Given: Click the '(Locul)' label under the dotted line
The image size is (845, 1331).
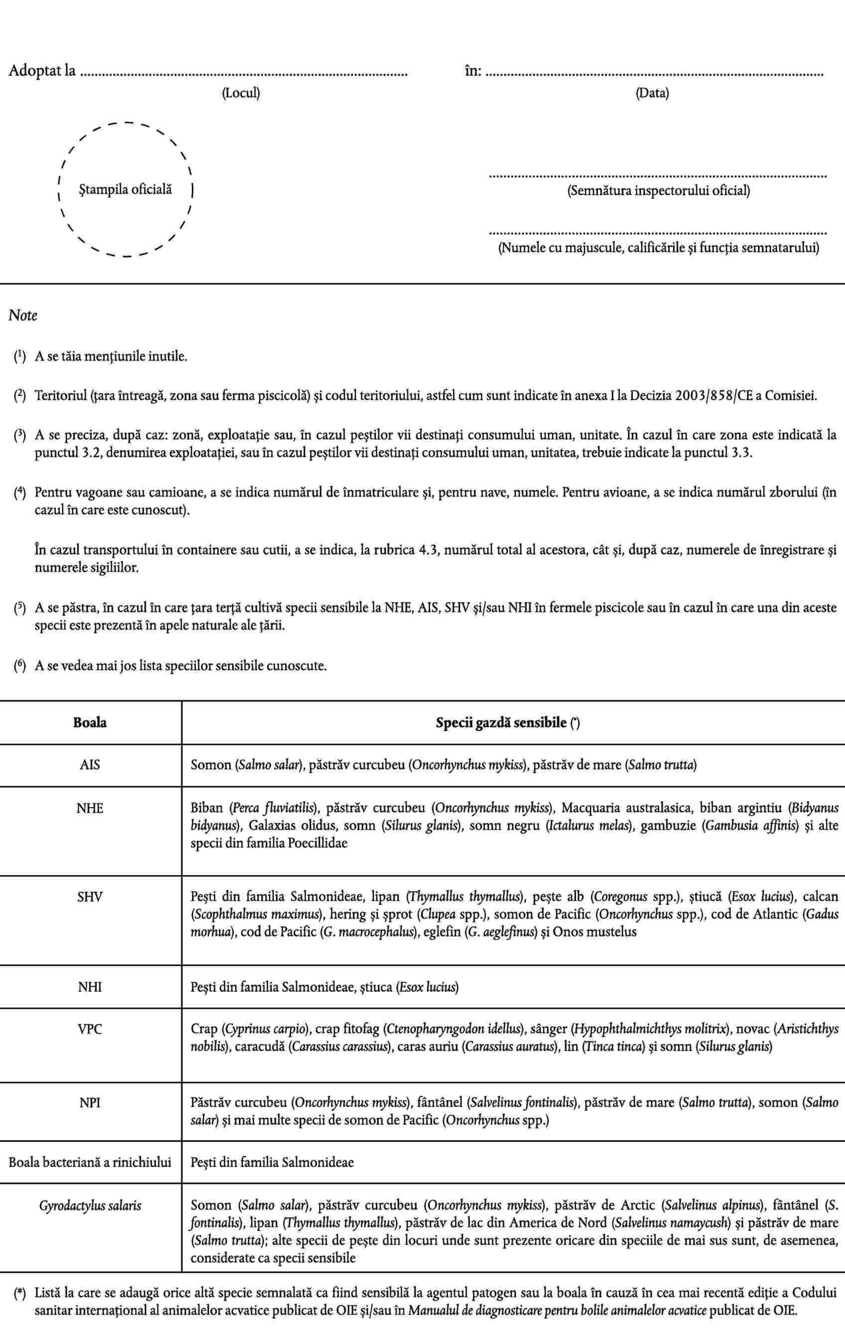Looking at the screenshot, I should [241, 93].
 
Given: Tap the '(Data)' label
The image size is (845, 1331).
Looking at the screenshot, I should [652, 93].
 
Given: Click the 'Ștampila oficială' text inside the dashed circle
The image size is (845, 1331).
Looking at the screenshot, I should [125, 190].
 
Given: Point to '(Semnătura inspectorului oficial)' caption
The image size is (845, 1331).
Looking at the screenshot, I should [659, 191].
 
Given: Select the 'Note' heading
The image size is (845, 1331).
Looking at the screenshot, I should [23, 316].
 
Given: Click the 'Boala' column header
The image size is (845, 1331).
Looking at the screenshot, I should [90, 723].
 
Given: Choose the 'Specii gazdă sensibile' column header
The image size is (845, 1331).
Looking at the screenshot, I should [501, 723].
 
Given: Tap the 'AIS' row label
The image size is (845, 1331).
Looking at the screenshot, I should [90, 765].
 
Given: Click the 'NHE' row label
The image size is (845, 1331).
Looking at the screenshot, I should [90, 808].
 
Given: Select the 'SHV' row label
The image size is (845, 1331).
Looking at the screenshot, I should [90, 897].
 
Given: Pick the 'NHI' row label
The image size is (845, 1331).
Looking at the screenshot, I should [90, 986].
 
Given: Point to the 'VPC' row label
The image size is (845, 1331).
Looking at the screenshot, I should [90, 1029].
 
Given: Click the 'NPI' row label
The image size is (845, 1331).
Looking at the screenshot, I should [90, 1103].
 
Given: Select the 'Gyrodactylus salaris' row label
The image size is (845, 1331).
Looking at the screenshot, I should [90, 1205].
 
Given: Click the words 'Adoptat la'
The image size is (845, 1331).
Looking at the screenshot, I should [42, 71].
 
